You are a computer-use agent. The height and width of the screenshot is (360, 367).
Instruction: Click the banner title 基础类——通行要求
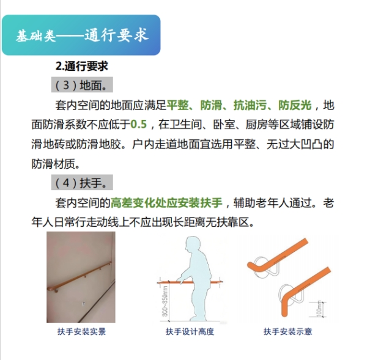(82, 35)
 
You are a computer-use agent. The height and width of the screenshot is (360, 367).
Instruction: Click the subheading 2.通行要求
(82, 66)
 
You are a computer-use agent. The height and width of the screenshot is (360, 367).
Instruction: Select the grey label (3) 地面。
(82, 85)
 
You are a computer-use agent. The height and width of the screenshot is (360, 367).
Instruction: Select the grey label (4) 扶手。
(82, 182)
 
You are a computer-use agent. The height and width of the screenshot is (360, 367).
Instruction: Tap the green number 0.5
(139, 124)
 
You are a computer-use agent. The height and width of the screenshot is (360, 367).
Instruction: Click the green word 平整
(177, 105)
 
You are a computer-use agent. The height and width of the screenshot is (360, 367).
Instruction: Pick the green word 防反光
(295, 105)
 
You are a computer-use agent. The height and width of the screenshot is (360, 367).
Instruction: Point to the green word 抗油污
(250, 105)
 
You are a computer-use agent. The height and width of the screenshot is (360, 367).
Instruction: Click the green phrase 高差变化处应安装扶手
(166, 202)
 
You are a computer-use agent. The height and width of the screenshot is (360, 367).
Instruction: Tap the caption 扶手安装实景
(82, 331)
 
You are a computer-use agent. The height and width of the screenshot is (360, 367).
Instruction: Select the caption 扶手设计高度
(190, 331)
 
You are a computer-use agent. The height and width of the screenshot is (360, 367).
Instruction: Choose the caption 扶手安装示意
(287, 331)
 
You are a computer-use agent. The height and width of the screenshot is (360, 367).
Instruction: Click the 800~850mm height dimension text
(165, 301)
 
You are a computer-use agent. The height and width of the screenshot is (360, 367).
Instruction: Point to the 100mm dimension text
(319, 309)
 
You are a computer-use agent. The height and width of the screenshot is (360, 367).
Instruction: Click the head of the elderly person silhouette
(193, 244)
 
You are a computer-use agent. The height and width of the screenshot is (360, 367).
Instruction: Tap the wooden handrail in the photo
(79, 276)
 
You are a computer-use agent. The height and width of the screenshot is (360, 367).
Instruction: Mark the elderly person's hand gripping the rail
(180, 280)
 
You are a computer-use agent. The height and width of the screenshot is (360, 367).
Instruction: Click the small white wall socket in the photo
(83, 304)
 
